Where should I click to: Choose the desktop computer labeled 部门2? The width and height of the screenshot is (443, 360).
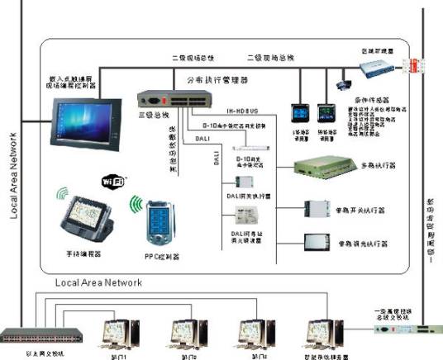pyautogui.click(x=187, y=334)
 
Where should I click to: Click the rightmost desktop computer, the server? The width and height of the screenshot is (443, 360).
pyautogui.click(x=322, y=334)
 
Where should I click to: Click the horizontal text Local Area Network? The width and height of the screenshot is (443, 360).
pyautogui.click(x=98, y=282)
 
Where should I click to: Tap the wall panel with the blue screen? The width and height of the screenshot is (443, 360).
pyautogui.click(x=293, y=111)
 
